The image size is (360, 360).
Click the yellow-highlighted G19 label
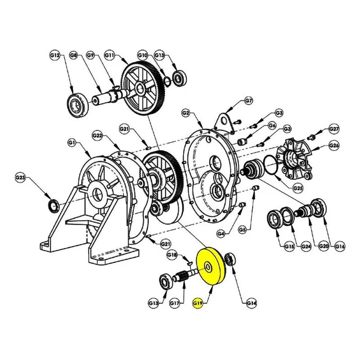[198, 303]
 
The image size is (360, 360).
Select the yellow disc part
[211, 267]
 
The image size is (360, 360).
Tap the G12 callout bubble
[55, 55]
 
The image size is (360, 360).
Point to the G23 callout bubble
[20, 178]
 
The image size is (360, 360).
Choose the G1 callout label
[72, 143]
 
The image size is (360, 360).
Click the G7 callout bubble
[249, 101]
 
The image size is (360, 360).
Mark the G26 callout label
[334, 145]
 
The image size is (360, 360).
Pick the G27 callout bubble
[334, 129]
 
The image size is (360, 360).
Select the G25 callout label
[298, 188]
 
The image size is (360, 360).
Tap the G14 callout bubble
[252, 303]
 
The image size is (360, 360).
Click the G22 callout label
[97, 136]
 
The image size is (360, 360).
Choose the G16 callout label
[340, 246]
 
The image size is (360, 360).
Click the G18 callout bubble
[172, 255]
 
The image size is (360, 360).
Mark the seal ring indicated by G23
[54, 205]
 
